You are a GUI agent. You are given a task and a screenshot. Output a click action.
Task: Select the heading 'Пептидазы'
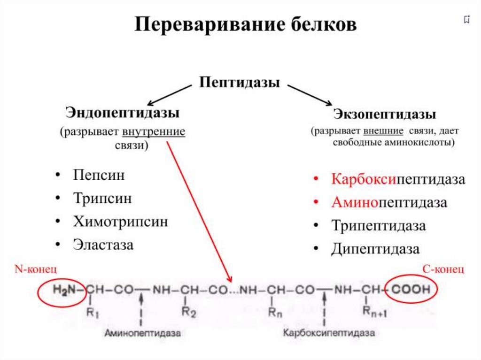(240, 83)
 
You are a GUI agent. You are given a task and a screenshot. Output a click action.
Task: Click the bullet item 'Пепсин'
(99, 176)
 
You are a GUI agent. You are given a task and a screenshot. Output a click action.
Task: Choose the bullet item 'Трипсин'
(102, 198)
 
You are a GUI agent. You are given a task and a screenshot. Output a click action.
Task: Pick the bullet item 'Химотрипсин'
(120, 221)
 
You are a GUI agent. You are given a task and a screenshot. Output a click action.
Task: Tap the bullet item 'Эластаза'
(103, 244)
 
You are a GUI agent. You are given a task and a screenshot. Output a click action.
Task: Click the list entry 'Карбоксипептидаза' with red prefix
(398, 179)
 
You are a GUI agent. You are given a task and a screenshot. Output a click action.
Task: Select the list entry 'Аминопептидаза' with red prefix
(389, 202)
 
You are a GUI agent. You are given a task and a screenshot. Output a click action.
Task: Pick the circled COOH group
(411, 290)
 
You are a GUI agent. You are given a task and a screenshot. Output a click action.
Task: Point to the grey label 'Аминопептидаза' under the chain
(142, 333)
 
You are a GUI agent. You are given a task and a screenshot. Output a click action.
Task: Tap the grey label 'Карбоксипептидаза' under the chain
(329, 333)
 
